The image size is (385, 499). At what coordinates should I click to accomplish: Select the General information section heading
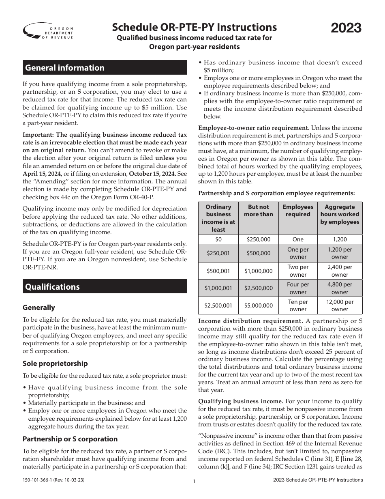tap(65, 68)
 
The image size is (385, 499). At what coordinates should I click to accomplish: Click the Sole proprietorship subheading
tap(55, 363)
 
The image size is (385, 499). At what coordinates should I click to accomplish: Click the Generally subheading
tap(39, 308)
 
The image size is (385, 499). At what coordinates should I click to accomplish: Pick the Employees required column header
tap(298, 211)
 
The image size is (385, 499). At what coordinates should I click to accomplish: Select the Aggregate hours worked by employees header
tap(340, 214)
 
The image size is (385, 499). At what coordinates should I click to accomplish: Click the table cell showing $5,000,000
tap(258, 305)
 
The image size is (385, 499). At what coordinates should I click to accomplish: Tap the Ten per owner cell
tap(298, 305)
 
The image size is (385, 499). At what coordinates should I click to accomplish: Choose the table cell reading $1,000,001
tap(218, 288)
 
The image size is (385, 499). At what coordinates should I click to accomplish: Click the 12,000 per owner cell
tap(340, 305)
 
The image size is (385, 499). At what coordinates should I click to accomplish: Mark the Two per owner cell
tap(298, 271)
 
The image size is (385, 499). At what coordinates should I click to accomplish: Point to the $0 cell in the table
tap(218, 239)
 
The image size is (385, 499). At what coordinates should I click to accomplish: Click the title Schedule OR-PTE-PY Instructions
tap(195, 27)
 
